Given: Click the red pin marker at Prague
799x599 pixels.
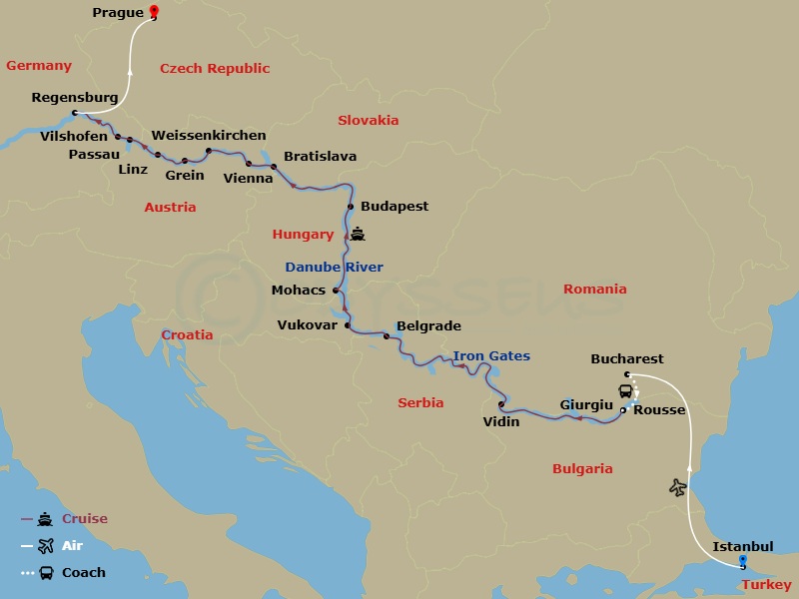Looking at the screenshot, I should [153, 12].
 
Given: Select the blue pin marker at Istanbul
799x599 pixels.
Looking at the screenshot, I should [742, 561].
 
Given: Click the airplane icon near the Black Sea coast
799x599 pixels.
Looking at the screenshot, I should [679, 487].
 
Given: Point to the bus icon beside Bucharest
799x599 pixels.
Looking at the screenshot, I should [625, 391].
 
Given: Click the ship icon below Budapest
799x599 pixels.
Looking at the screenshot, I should [358, 236].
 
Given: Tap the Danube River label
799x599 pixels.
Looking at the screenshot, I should [334, 267].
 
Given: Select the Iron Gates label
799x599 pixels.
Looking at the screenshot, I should [491, 355].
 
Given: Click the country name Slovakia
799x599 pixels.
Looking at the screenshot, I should [368, 120].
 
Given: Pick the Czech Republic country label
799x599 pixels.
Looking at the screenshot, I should [215, 68].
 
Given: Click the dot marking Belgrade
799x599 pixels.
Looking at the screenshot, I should [387, 336].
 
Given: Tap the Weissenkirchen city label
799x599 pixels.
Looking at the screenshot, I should [209, 135].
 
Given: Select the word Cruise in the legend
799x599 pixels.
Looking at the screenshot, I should [84, 519].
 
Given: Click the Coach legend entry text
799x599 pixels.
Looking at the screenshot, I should [83, 572].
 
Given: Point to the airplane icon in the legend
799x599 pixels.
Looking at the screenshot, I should [44, 546].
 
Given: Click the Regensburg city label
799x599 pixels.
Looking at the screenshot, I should [75, 98].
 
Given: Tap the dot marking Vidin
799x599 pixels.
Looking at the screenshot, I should [501, 404].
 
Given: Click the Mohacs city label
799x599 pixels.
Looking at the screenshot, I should [299, 291].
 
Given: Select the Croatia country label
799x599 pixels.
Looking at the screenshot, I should [187, 334].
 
